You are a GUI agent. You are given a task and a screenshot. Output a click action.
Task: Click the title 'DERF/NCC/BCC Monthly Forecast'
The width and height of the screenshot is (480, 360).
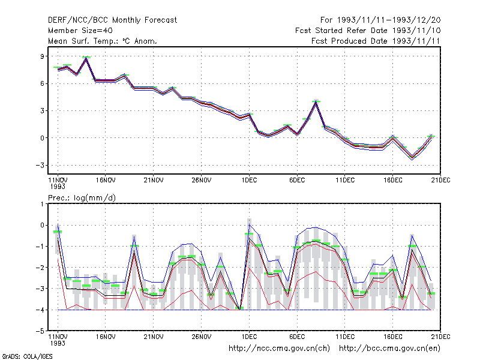[112, 20]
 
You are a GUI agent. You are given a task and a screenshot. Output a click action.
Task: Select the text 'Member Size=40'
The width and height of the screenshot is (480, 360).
[80, 31]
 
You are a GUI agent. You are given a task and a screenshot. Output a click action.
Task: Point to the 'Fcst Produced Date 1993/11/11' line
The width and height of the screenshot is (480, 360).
[376, 41]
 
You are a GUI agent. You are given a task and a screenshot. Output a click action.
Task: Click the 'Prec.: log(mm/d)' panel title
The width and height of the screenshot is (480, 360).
[82, 198]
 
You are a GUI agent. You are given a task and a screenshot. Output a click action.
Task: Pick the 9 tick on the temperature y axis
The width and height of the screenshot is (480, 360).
[42, 56]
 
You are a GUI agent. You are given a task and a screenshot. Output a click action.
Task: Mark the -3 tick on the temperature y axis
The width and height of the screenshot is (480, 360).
[40, 166]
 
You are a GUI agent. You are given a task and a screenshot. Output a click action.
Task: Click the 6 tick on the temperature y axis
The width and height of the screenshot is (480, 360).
[42, 83]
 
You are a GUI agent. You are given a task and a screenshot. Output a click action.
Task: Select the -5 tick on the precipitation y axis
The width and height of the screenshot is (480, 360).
[40, 331]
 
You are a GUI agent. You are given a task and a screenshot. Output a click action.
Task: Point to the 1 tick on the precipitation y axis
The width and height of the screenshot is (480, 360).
[43, 204]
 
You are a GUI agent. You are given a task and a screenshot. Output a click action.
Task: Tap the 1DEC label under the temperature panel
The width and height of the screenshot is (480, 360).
[249, 180]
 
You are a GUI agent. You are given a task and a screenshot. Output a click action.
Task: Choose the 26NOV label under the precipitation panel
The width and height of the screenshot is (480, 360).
[202, 337]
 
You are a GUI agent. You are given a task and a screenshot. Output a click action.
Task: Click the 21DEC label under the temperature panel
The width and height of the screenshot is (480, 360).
[441, 180]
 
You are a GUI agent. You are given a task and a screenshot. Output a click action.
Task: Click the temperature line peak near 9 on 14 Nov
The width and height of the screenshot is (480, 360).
[86, 58]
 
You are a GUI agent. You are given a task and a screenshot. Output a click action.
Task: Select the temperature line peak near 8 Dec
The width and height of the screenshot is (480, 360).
[316, 103]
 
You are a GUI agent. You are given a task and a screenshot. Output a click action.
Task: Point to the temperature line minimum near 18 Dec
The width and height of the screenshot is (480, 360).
[412, 157]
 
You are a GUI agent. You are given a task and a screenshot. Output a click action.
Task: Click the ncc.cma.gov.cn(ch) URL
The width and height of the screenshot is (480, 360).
[280, 349]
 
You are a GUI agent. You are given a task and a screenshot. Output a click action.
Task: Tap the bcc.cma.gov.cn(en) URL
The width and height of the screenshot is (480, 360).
[389, 349]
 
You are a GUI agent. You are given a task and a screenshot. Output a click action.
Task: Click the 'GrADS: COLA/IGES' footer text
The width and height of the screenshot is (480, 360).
[28, 356]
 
